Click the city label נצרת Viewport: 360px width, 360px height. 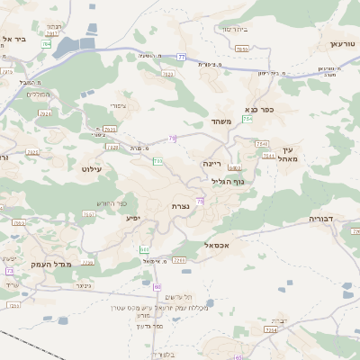[x=181, y=206]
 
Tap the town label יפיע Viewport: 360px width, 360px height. [x=133, y=218]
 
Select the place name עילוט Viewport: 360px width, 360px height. [x=92, y=168]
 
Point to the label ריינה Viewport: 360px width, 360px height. [x=211, y=164]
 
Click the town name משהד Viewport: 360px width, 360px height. [x=221, y=121]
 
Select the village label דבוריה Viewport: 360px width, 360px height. [x=320, y=219]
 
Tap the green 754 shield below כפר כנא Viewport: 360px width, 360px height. [x=247, y=119]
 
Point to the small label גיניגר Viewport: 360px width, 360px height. [x=84, y=285]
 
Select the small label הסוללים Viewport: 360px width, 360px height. [x=38, y=94]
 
